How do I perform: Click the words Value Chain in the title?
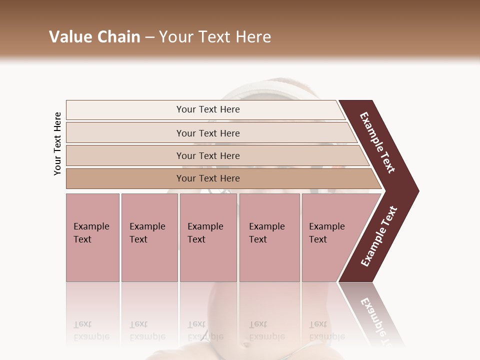click(94, 37)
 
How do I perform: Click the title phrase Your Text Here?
click(215, 37)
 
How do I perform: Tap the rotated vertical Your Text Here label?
click(57, 143)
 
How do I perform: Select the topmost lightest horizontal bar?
click(125, 110)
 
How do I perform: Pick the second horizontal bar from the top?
click(125, 133)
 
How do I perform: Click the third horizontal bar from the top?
click(125, 155)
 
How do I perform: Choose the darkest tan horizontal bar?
click(125, 178)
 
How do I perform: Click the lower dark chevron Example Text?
click(379, 236)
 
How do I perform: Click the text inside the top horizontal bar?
click(208, 109)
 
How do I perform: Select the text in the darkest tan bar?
click(208, 178)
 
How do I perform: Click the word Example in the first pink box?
click(91, 226)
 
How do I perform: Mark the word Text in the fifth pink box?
click(318, 239)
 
